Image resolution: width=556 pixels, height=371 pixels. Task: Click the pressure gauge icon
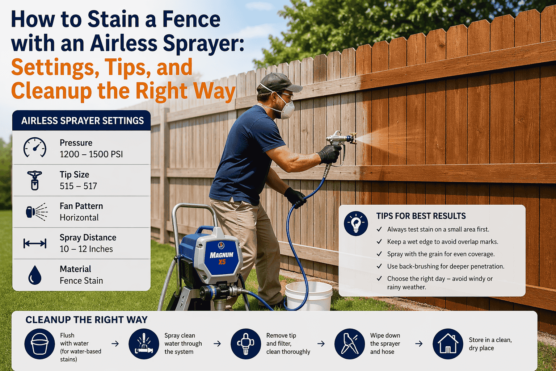pyautogui.click(x=35, y=147)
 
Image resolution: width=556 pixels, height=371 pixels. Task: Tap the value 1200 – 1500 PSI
pyautogui.click(x=91, y=154)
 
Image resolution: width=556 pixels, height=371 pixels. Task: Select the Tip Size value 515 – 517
pyautogui.click(x=78, y=186)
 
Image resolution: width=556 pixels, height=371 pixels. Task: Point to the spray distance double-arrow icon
pyautogui.click(x=35, y=243)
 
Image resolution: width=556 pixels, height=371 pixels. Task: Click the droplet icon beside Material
pyautogui.click(x=35, y=275)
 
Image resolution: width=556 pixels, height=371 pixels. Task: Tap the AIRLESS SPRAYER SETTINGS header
pyautogui.click(x=83, y=121)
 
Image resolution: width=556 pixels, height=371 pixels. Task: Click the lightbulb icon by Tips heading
pyautogui.click(x=356, y=224)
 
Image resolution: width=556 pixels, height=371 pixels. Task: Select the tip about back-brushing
pyautogui.click(x=446, y=266)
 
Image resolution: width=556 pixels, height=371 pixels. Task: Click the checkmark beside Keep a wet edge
pyautogui.click(x=379, y=242)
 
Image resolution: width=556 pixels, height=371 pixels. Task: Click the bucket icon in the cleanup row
pyautogui.click(x=39, y=344)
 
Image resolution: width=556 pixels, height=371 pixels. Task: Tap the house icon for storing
pyautogui.click(x=448, y=344)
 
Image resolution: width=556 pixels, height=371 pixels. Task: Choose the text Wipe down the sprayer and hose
pyautogui.click(x=385, y=343)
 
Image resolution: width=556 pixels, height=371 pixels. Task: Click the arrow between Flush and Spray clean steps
pyautogui.click(x=115, y=343)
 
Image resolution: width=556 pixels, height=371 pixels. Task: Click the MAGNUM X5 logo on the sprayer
pyautogui.click(x=222, y=258)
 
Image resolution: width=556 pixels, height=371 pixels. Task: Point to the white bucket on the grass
pyautogui.click(x=308, y=296)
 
